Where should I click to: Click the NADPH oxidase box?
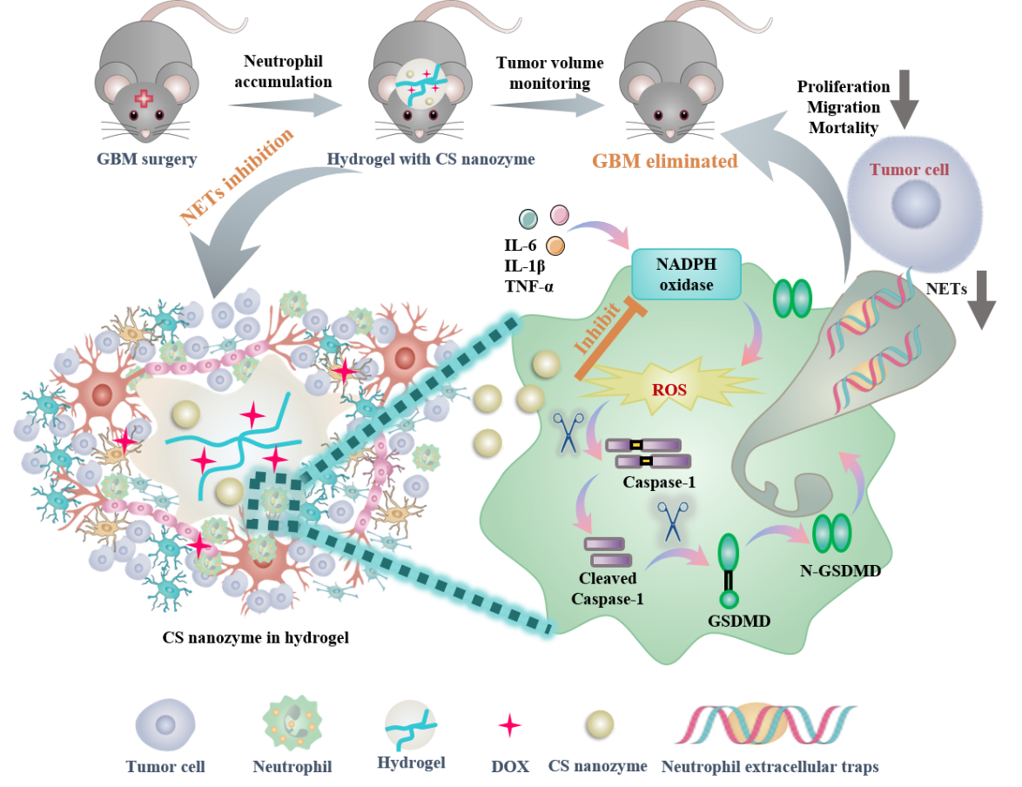click(685, 273)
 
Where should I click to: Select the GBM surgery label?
click(147, 160)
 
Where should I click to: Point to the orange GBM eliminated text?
click(665, 161)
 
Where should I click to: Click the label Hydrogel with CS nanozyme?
click(430, 160)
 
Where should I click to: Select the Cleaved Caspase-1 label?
click(607, 588)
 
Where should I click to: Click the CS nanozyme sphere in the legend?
click(600, 723)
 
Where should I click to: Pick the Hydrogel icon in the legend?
click(411, 726)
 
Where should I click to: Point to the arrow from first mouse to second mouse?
click(282, 106)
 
